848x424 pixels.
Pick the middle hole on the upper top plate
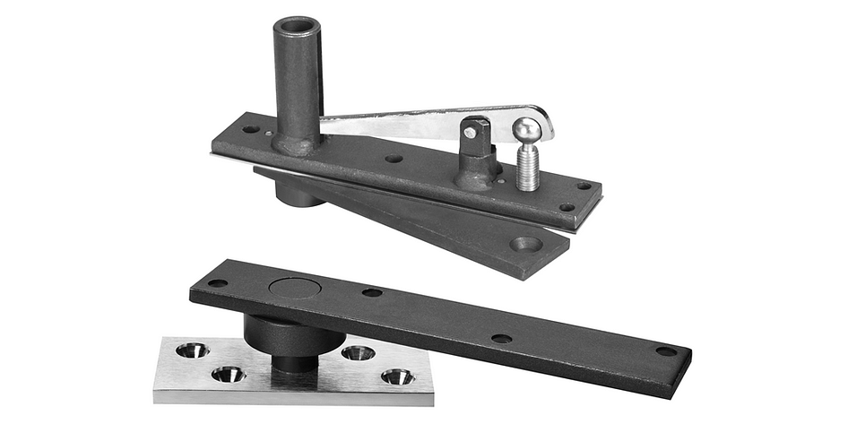[394, 159]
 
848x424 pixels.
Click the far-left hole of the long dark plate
[218, 282]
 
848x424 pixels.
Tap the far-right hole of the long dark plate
[665, 350]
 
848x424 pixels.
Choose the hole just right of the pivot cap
[371, 292]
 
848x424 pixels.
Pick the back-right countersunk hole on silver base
[358, 352]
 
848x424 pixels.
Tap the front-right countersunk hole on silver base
[397, 376]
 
